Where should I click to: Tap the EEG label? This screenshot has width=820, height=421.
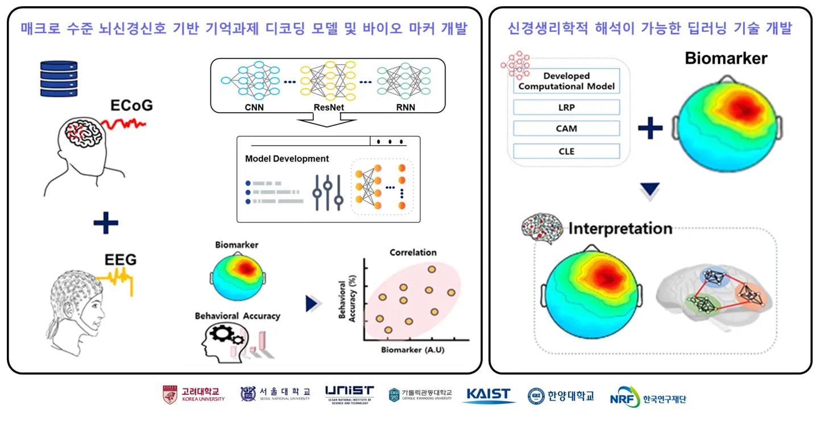[121, 260]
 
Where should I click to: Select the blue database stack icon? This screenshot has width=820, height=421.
[59, 79]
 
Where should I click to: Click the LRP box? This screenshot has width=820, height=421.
[566, 108]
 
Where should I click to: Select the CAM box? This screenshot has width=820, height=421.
[566, 129]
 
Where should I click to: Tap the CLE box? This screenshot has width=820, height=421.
[566, 151]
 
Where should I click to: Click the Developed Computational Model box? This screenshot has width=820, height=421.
[566, 81]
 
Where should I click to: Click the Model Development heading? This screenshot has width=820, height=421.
[287, 159]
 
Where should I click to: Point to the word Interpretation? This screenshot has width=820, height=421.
[620, 229]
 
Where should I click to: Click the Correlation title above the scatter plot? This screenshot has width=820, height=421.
[413, 252]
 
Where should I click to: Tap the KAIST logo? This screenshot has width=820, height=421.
[488, 395]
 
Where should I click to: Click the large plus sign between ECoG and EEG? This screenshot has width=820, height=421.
[106, 224]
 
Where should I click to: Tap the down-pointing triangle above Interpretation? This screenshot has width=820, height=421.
[649, 189]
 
